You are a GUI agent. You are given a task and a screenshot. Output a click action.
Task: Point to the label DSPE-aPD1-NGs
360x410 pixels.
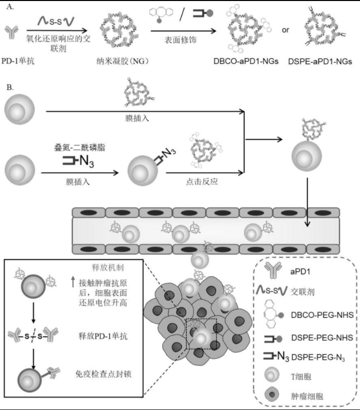[x=319, y=61]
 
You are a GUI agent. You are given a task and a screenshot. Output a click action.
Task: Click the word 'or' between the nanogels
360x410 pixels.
[x=285, y=30]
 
